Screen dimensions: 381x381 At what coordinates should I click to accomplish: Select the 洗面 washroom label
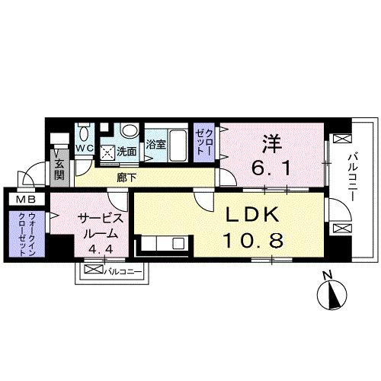128,151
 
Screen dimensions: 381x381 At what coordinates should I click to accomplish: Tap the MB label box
17,200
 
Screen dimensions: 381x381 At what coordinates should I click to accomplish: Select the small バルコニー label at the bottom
119,270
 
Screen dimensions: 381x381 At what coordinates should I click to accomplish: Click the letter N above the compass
326,275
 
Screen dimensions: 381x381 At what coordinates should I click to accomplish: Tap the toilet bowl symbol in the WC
85,130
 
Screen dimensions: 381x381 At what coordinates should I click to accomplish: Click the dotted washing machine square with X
108,150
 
